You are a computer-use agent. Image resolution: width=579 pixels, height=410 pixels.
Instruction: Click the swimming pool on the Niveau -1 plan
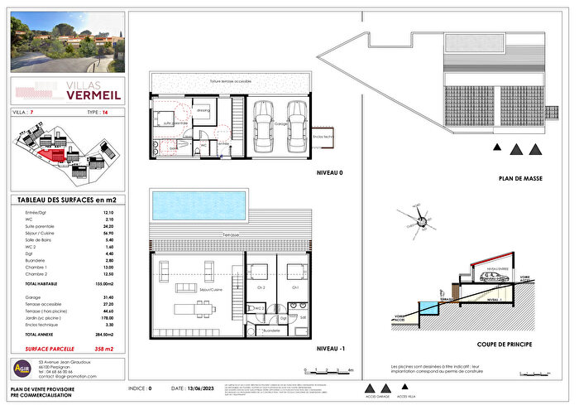point(198,201)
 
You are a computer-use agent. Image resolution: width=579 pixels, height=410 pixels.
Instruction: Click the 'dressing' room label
point(203,109)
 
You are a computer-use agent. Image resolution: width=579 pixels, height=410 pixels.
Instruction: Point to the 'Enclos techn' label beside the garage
point(323,136)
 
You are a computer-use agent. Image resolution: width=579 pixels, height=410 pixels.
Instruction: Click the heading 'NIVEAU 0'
point(331,174)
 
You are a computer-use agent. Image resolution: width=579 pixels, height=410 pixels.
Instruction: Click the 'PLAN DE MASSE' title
point(519,178)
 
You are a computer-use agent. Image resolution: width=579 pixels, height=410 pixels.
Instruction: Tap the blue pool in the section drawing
point(428,309)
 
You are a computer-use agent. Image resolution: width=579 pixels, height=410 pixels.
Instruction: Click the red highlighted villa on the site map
point(52,155)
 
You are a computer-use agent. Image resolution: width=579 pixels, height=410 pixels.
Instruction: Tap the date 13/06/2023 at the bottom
point(196,388)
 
